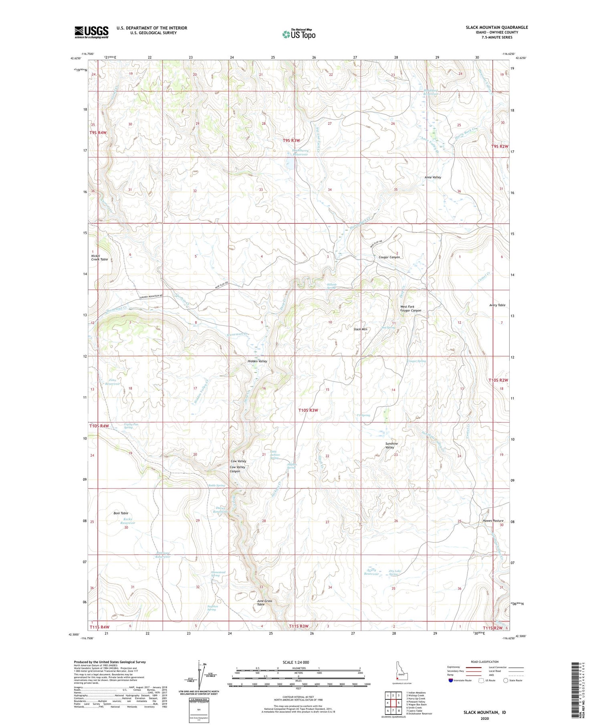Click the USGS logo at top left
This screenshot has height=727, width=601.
point(91,32)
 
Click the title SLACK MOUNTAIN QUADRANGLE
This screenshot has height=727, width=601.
point(496,27)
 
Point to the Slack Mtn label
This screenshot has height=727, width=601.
point(360,329)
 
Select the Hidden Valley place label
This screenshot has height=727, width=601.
point(257,361)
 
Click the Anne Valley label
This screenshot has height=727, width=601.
point(433,177)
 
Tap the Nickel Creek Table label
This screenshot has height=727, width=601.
point(99,257)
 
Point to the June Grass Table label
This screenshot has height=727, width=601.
point(264,603)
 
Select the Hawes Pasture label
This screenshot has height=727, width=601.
point(493,521)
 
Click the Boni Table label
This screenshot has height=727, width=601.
point(121,513)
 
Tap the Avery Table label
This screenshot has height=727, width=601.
point(497,305)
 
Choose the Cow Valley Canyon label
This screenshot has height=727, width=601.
point(238,469)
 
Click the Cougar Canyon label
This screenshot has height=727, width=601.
point(389,257)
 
